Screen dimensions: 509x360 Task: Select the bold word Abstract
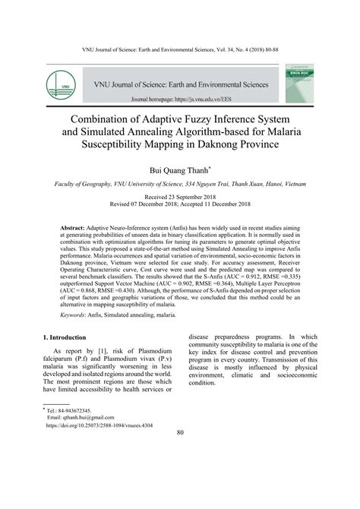[75, 228]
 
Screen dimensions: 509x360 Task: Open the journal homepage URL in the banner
[212, 100]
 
